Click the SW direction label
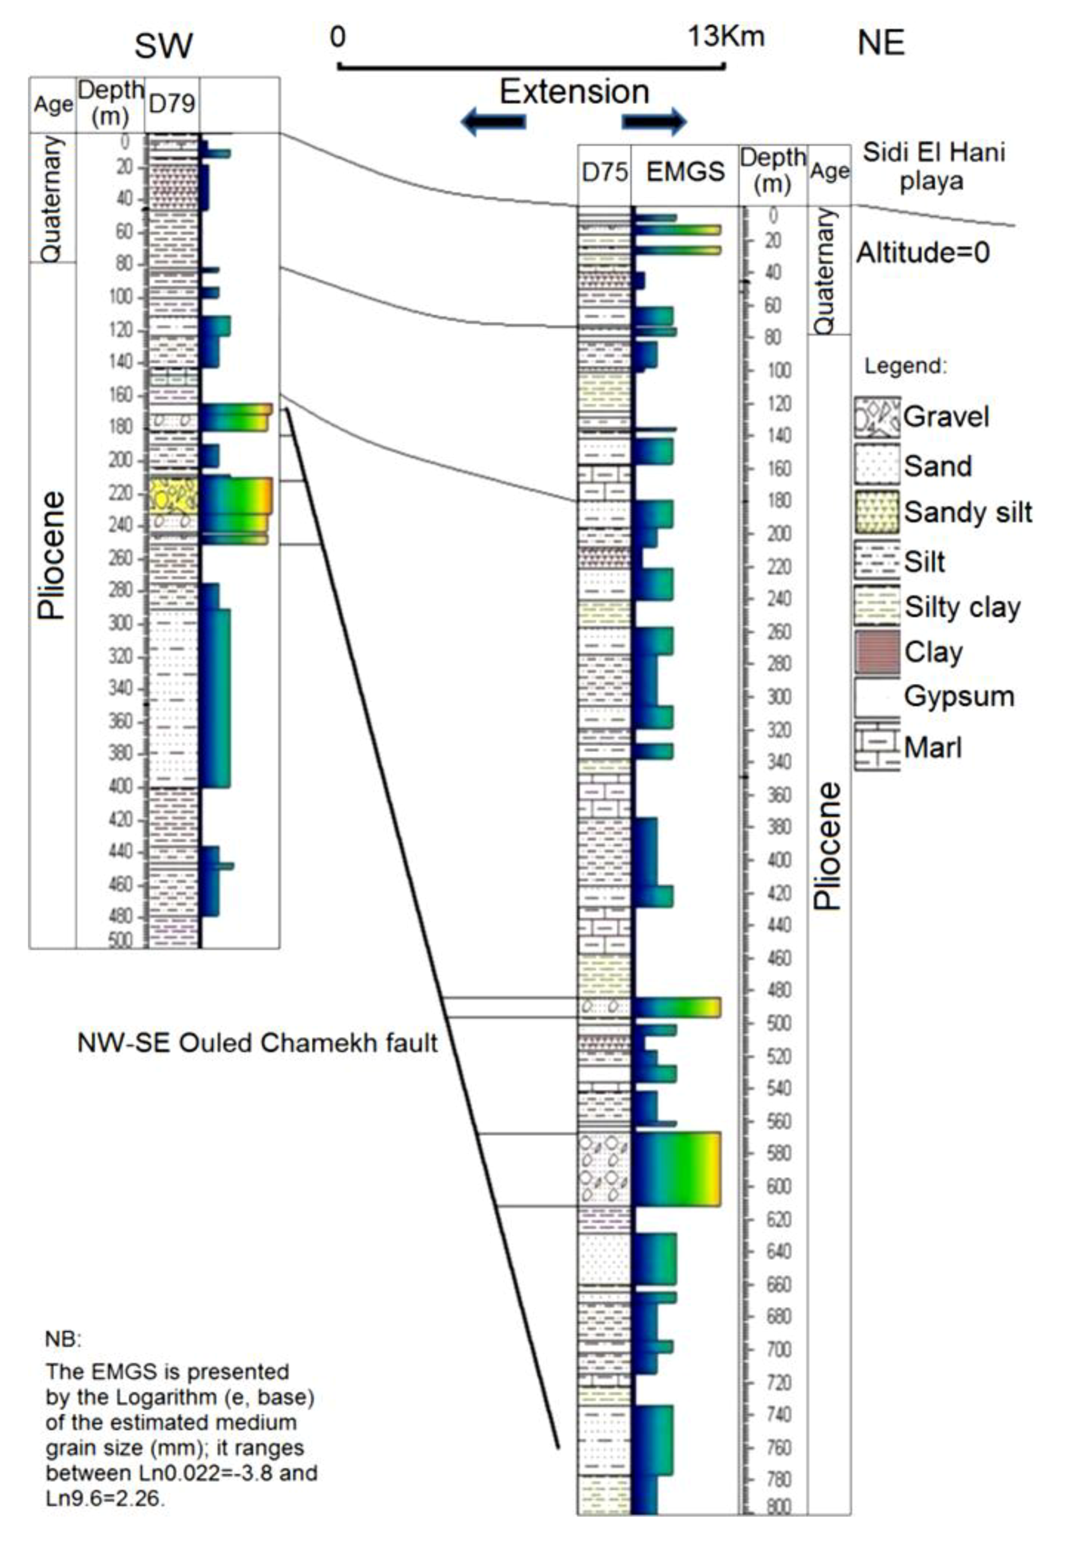click(x=163, y=46)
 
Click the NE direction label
click(x=881, y=43)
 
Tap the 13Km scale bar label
click(x=725, y=36)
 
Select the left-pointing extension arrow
click(x=493, y=122)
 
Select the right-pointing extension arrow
click(x=653, y=122)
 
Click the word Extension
click(x=574, y=91)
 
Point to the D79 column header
click(x=172, y=103)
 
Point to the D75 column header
click(x=604, y=172)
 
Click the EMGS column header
click(x=685, y=172)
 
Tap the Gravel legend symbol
click(x=877, y=417)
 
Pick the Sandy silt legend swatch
click(x=877, y=513)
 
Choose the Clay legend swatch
click(x=877, y=652)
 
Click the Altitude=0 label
click(x=923, y=253)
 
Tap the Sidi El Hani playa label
click(x=933, y=167)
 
